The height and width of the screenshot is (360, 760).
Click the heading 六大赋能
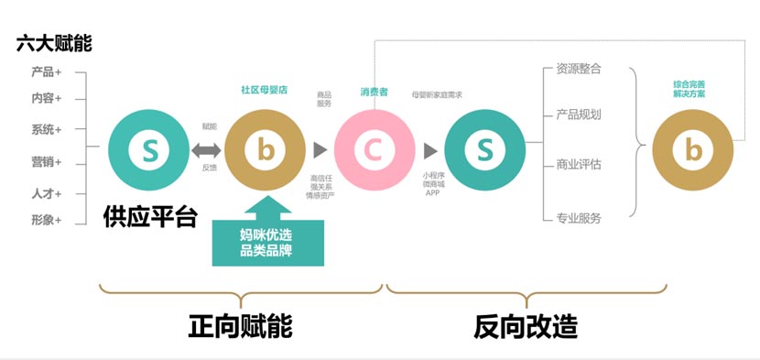point(54,43)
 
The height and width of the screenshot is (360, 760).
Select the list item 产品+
point(47,72)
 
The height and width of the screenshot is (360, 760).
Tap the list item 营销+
point(47,162)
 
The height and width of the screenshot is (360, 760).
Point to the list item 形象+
point(47,220)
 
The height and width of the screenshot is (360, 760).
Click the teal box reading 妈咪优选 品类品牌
point(268,241)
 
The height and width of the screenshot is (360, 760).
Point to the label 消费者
point(374,92)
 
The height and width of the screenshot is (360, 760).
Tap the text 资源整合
point(579,69)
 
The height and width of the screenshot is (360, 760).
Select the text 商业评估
point(579,165)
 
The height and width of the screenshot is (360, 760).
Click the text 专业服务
point(579,218)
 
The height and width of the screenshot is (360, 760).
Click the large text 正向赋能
point(240,325)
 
